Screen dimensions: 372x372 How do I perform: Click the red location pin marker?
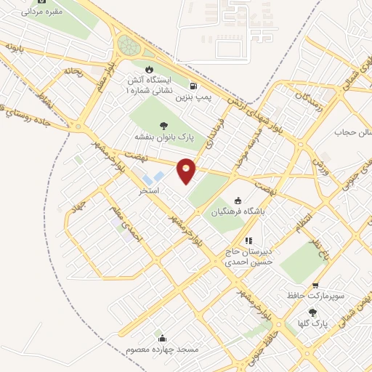(x=187, y=170)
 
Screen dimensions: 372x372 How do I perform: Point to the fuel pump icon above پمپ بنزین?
(x=193, y=84)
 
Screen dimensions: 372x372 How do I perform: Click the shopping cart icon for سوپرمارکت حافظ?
(x=315, y=286)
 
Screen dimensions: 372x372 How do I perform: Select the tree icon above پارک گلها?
(x=313, y=311)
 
